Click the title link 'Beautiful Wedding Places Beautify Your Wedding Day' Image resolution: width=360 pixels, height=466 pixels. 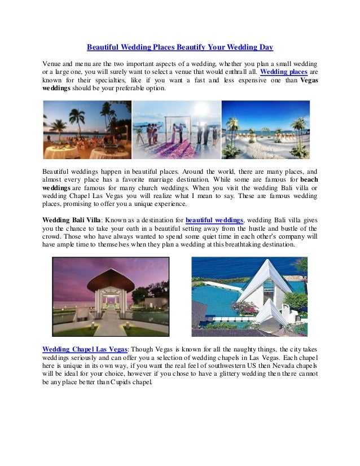coord(179,47)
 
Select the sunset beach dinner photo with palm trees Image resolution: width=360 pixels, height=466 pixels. coord(87,129)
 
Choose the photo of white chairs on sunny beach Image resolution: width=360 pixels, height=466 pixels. coord(265,129)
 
